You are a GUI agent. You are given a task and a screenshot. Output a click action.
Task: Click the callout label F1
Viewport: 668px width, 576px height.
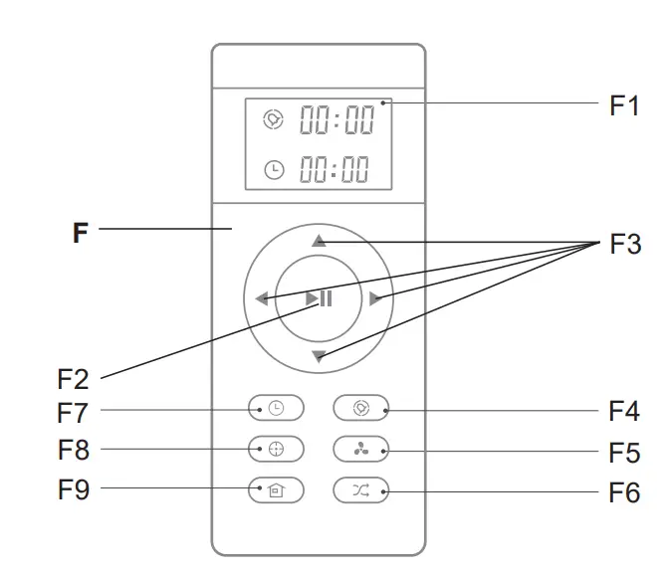tap(624, 106)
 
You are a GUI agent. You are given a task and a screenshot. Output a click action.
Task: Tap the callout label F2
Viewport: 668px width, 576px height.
tap(72, 379)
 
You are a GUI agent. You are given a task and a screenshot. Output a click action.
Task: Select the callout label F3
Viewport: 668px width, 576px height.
tap(625, 245)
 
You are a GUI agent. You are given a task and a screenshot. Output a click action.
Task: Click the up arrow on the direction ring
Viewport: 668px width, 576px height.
tap(318, 241)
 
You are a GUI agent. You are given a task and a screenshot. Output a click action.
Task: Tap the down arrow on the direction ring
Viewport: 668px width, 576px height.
tap(318, 356)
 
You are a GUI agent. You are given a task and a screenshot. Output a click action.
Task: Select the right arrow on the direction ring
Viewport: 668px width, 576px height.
tap(375, 298)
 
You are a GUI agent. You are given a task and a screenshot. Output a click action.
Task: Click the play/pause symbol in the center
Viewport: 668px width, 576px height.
tap(319, 298)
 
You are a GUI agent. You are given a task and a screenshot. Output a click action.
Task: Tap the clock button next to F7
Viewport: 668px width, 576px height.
tap(276, 408)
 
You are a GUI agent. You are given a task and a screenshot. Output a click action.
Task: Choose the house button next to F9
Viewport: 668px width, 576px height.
tap(276, 489)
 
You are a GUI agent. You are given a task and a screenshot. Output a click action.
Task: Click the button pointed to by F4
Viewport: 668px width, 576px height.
tap(361, 408)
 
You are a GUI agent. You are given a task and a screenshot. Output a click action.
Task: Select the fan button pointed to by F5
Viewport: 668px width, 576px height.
tap(361, 449)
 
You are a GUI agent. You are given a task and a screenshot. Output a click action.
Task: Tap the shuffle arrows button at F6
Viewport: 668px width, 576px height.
tap(361, 489)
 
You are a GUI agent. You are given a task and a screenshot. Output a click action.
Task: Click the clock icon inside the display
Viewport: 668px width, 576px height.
tap(273, 170)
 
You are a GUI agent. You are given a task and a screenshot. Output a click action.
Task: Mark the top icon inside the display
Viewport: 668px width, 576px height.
tap(273, 120)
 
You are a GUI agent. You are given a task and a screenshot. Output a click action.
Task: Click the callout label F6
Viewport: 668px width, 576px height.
tap(624, 492)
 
